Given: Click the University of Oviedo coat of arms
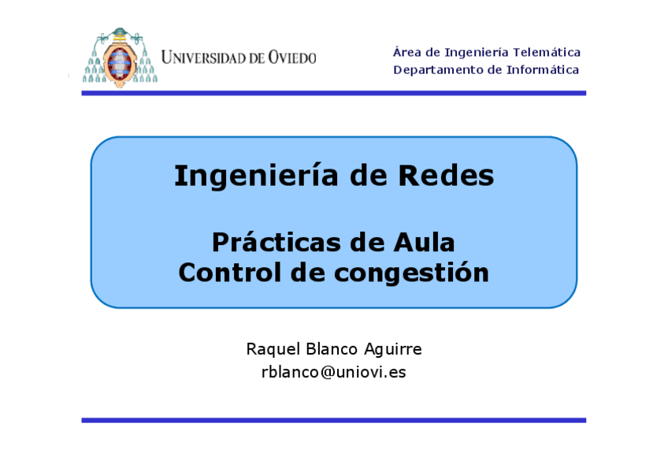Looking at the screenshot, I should pos(120,57).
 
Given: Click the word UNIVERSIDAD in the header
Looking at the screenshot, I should pos(206,58).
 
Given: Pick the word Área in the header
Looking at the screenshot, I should pos(406,52).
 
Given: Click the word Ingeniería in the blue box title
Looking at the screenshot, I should pos(250,176).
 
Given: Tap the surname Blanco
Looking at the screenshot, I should pos(328,348).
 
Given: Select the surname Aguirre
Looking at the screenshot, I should pos(392,349).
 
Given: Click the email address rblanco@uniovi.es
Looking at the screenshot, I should pos(333,373).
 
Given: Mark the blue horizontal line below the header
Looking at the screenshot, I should pos(333,93).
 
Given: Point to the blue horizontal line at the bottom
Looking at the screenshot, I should pos(333,420).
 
